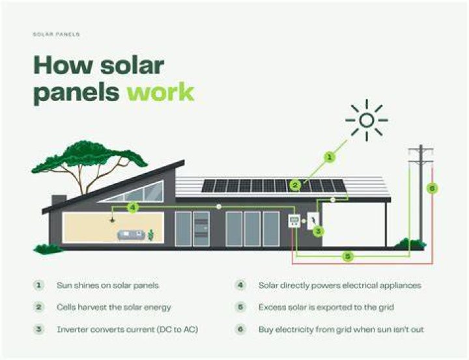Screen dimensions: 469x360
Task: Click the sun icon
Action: coord(366,120)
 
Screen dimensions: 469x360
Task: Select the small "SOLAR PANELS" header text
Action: coord(56,35)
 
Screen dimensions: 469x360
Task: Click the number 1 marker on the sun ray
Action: coord(330,157)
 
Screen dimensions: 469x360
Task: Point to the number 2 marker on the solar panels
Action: coord(295,186)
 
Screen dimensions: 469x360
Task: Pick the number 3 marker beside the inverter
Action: coord(319,231)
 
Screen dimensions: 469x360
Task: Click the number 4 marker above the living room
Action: coord(133,207)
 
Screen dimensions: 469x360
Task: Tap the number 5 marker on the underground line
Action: coord(348,256)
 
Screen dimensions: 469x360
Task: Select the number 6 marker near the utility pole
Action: coord(433,188)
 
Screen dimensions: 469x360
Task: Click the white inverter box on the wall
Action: coord(313,221)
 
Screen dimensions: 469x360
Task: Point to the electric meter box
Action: coord(294,221)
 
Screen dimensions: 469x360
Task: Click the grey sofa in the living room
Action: coord(132,235)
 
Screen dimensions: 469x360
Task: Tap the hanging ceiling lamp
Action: coord(112,221)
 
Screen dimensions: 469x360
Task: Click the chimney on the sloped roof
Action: coord(59,200)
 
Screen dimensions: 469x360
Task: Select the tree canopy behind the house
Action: coord(89,156)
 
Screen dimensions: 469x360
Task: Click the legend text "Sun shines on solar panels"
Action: coord(107,285)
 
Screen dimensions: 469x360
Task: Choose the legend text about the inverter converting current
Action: coord(128,329)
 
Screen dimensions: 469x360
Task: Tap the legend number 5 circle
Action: coord(240,307)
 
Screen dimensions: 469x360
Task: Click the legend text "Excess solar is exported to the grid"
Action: coord(326,307)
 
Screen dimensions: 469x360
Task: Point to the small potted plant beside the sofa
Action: coord(151,235)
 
